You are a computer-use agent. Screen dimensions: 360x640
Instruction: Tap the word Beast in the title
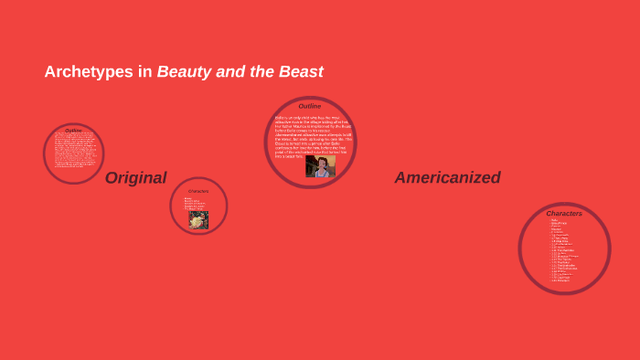coord(302,72)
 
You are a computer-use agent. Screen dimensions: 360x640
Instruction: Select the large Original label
coord(135,178)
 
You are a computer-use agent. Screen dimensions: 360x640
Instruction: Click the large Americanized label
coord(447,178)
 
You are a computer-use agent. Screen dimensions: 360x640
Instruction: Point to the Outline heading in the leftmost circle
coord(73,131)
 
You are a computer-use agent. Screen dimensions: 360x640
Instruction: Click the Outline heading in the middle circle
coord(310,106)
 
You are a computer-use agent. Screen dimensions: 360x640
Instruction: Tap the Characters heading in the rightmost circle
coord(564,214)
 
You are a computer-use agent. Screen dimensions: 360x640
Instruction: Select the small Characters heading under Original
coord(198,191)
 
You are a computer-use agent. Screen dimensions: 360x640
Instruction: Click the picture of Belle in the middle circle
coord(320,166)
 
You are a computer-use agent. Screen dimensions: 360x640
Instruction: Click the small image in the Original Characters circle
coord(198,220)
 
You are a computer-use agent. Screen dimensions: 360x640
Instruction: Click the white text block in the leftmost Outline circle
coord(73,150)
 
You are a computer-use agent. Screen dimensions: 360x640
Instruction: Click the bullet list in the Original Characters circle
coord(193,204)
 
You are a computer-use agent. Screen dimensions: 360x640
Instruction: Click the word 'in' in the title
coord(145,72)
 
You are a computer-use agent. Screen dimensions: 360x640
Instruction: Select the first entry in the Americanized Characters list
coord(553,220)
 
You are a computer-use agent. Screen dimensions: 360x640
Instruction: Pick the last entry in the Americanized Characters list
coord(560,281)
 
